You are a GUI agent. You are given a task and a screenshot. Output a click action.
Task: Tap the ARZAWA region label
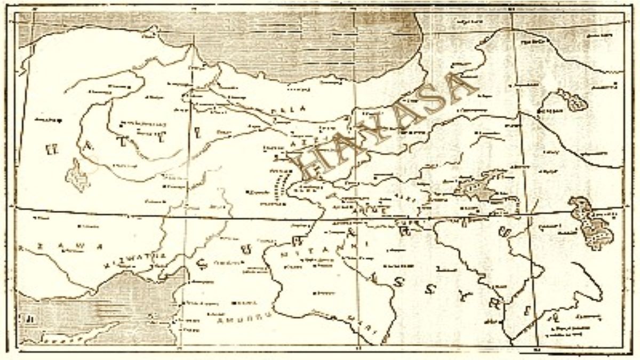[x=59, y=246]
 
